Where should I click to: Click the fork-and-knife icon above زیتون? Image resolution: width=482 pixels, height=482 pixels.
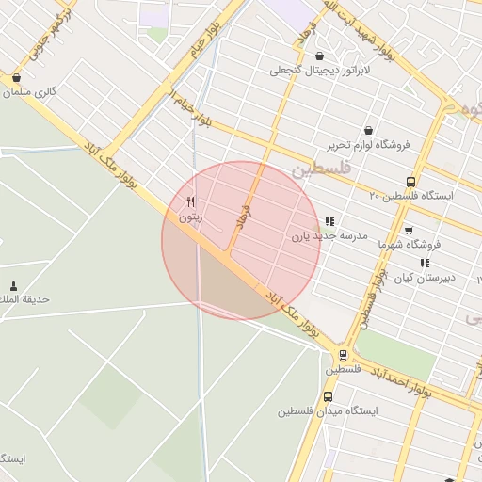pos(191,201)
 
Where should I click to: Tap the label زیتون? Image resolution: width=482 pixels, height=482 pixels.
pos(191,217)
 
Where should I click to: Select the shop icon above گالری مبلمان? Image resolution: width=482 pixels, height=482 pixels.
pos(16,78)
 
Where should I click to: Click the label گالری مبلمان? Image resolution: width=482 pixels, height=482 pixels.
pos(32,92)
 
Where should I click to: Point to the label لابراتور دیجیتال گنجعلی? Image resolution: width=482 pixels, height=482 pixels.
pos(321,70)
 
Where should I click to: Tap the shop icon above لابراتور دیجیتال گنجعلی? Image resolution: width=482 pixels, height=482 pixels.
pos(321,56)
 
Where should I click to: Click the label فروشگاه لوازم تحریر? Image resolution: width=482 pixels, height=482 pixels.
pos(366,145)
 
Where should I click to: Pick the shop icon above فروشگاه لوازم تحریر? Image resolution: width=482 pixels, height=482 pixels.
pos(367,131)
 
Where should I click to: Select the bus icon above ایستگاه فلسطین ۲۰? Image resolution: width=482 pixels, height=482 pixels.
pos(410,181)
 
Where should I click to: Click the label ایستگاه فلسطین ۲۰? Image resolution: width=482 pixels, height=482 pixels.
pos(410,196)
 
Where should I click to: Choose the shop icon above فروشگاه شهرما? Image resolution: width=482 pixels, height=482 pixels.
pos(408,230)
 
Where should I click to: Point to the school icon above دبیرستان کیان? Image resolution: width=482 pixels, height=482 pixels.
pos(425,263)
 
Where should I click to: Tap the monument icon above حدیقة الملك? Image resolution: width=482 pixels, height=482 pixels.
pos(13,285)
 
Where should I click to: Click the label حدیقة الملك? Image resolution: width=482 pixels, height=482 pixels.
pos(25,299)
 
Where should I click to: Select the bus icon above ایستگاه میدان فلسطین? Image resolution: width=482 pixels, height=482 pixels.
pos(328,396)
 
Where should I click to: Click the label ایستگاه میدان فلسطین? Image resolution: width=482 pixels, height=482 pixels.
pos(328,411)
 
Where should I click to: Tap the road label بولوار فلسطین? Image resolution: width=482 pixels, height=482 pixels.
pos(370,299)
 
